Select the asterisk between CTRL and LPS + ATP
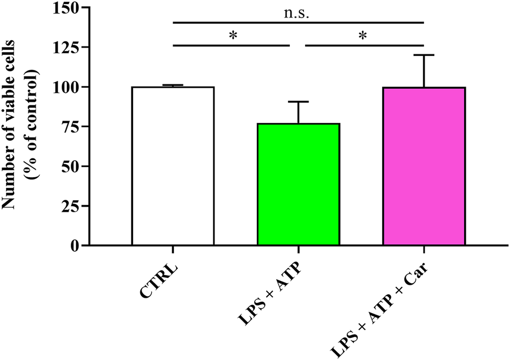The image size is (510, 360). coord(233,36)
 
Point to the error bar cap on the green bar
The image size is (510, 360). coord(298,101)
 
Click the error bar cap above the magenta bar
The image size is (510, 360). coord(424,55)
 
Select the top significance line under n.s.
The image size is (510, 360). coord(298,23)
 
